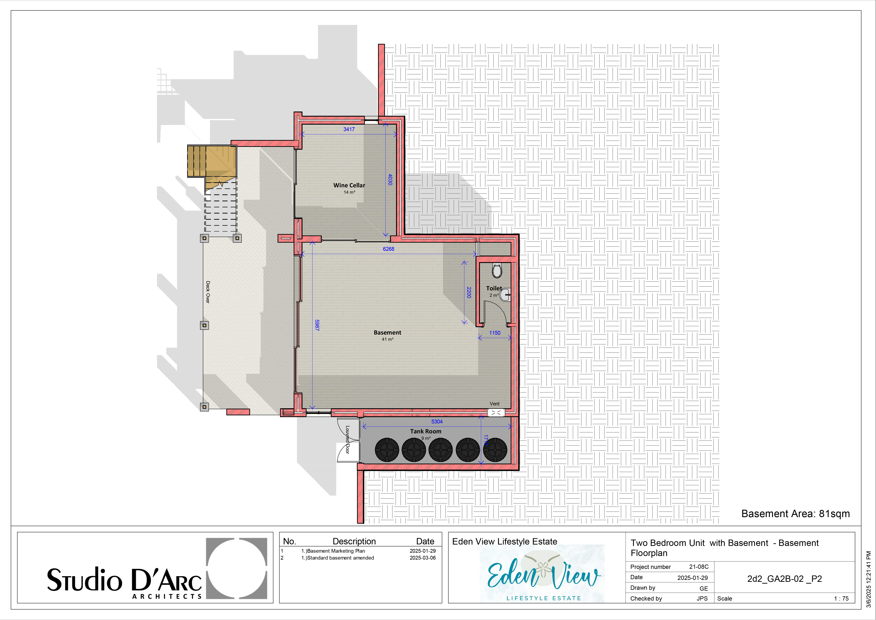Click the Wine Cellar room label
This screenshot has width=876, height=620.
349,185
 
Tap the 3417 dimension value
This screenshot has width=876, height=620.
349,129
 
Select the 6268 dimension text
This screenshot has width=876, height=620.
388,249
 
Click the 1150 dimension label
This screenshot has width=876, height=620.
495,333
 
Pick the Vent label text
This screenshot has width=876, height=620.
494,403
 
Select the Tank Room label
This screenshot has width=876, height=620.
426,431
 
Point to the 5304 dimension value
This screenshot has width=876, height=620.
437,422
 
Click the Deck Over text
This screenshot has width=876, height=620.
208,292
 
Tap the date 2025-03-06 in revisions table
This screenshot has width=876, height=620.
423,558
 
